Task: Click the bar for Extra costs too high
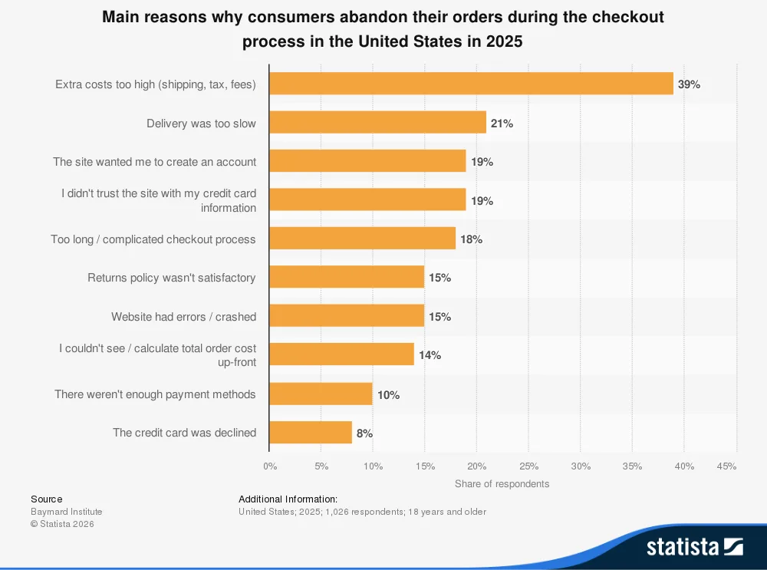point(471,84)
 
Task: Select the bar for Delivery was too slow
point(377,123)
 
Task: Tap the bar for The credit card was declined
point(311,433)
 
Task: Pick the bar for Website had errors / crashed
point(347,316)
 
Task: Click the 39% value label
point(689,84)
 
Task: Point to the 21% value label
point(502,124)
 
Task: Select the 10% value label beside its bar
point(388,394)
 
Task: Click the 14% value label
point(430,355)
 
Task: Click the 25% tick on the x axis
point(528,466)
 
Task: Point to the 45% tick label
point(726,466)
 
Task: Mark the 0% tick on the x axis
point(270,466)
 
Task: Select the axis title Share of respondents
point(502,483)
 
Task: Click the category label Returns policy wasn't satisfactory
point(171,278)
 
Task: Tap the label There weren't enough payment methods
point(155,394)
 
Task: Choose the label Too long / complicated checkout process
point(153,239)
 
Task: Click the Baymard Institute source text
point(66,512)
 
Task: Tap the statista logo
point(694,546)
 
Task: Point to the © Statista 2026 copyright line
point(62,524)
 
